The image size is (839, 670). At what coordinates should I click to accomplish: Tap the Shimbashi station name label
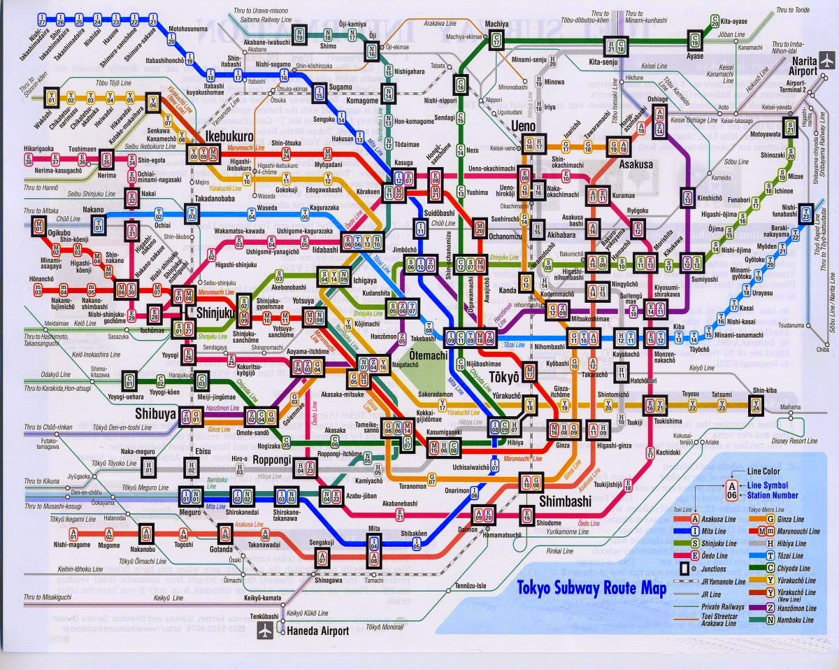(x=565, y=501)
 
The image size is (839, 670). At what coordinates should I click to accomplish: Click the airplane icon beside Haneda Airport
(x=266, y=631)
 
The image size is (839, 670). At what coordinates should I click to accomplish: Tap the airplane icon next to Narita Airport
(x=829, y=62)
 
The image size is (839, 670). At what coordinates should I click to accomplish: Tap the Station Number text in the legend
(x=773, y=495)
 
